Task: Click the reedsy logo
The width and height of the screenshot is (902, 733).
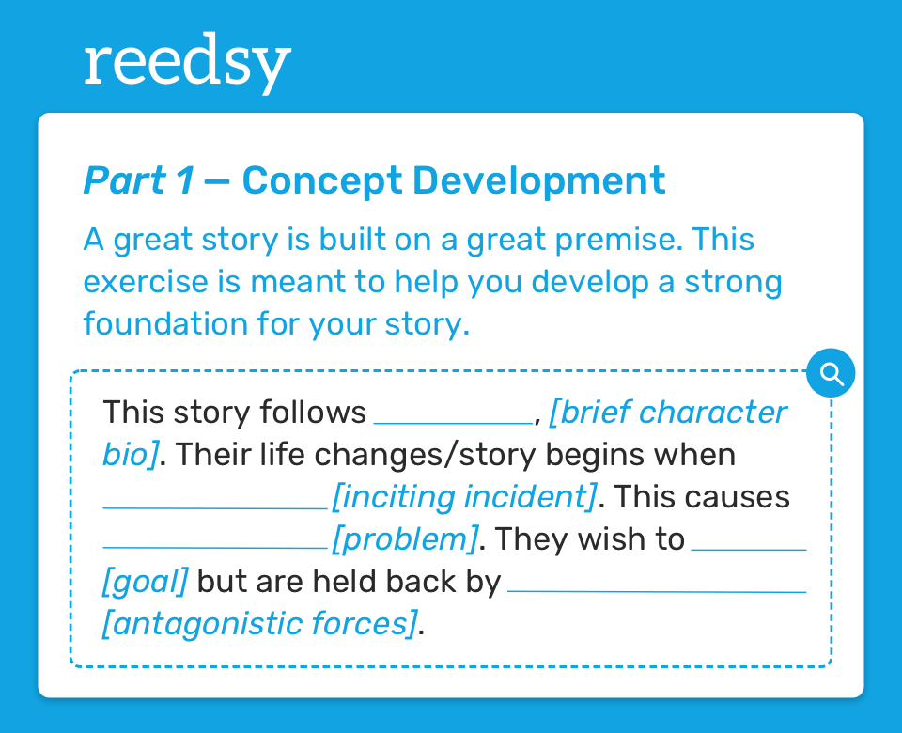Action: tap(188, 63)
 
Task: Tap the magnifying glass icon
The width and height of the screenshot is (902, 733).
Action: tap(831, 373)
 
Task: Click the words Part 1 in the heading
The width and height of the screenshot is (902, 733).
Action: tap(139, 180)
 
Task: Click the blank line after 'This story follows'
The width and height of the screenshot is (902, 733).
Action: tap(453, 424)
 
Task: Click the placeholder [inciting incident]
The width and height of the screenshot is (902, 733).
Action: tap(465, 496)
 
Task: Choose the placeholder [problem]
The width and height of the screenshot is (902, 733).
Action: tap(405, 539)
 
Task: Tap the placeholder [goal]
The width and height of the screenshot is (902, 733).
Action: tap(145, 582)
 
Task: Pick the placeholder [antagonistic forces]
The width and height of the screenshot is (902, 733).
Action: tap(259, 624)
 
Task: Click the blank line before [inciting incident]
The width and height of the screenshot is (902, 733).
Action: tap(215, 508)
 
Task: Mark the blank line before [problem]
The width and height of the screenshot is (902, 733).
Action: tap(215, 548)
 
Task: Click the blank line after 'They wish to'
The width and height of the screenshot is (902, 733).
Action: tap(749, 550)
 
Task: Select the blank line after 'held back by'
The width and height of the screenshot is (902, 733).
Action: tap(657, 591)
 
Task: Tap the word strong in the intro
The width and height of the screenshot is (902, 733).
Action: tap(733, 283)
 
